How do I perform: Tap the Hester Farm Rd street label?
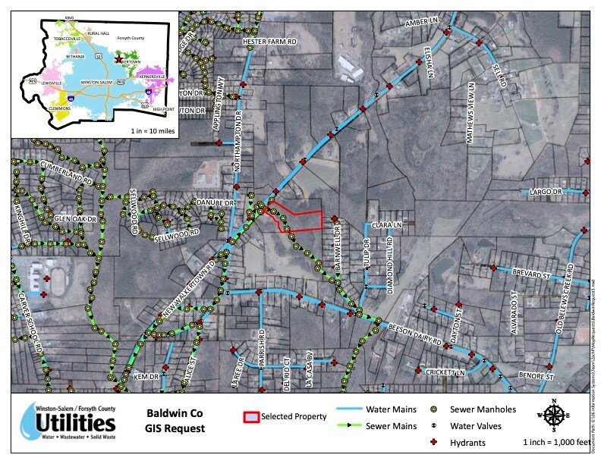(269, 42)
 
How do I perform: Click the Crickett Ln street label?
(444, 372)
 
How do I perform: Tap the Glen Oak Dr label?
(77, 219)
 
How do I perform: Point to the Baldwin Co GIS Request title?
(174, 422)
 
